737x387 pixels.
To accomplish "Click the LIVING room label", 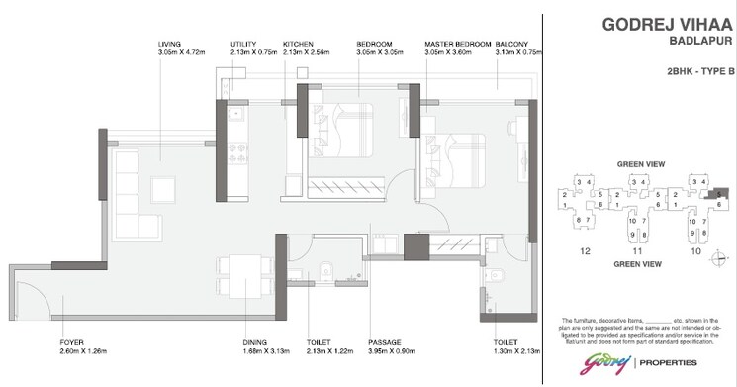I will pyautogui.click(x=169, y=45).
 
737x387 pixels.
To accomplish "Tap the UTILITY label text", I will pyautogui.click(x=244, y=45).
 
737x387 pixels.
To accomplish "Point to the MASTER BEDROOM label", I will pyautogui.click(x=458, y=45).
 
